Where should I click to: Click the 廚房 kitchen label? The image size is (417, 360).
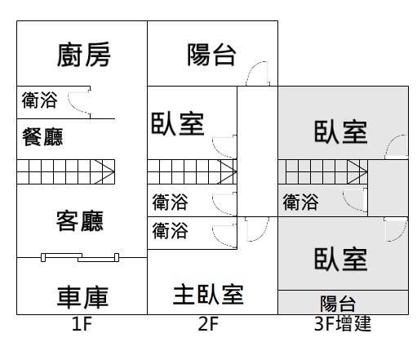tap(83, 55)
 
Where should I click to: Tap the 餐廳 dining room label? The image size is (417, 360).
tap(42, 136)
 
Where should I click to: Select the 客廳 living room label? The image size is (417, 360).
tap(80, 220)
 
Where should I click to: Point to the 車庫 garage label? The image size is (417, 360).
tap(82, 297)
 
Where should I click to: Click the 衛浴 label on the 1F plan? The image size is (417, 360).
tap(40, 100)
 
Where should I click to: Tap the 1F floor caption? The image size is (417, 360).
tap(82, 324)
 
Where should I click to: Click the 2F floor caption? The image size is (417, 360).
tap(208, 324)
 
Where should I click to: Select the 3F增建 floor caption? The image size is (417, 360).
tap(343, 323)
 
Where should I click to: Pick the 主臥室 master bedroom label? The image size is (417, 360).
tap(208, 294)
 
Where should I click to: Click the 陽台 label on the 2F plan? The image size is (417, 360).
tap(211, 55)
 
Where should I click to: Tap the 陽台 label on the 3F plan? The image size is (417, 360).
tap(338, 304)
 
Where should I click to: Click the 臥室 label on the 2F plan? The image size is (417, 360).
tap(178, 124)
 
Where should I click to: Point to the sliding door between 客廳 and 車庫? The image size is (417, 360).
tap(80, 257)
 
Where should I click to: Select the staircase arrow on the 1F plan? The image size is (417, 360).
tap(104, 171)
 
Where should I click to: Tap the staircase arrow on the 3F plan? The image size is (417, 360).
tap(357, 171)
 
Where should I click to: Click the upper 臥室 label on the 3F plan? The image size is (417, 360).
tap(341, 132)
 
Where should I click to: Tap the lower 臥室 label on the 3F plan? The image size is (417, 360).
tap(341, 259)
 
